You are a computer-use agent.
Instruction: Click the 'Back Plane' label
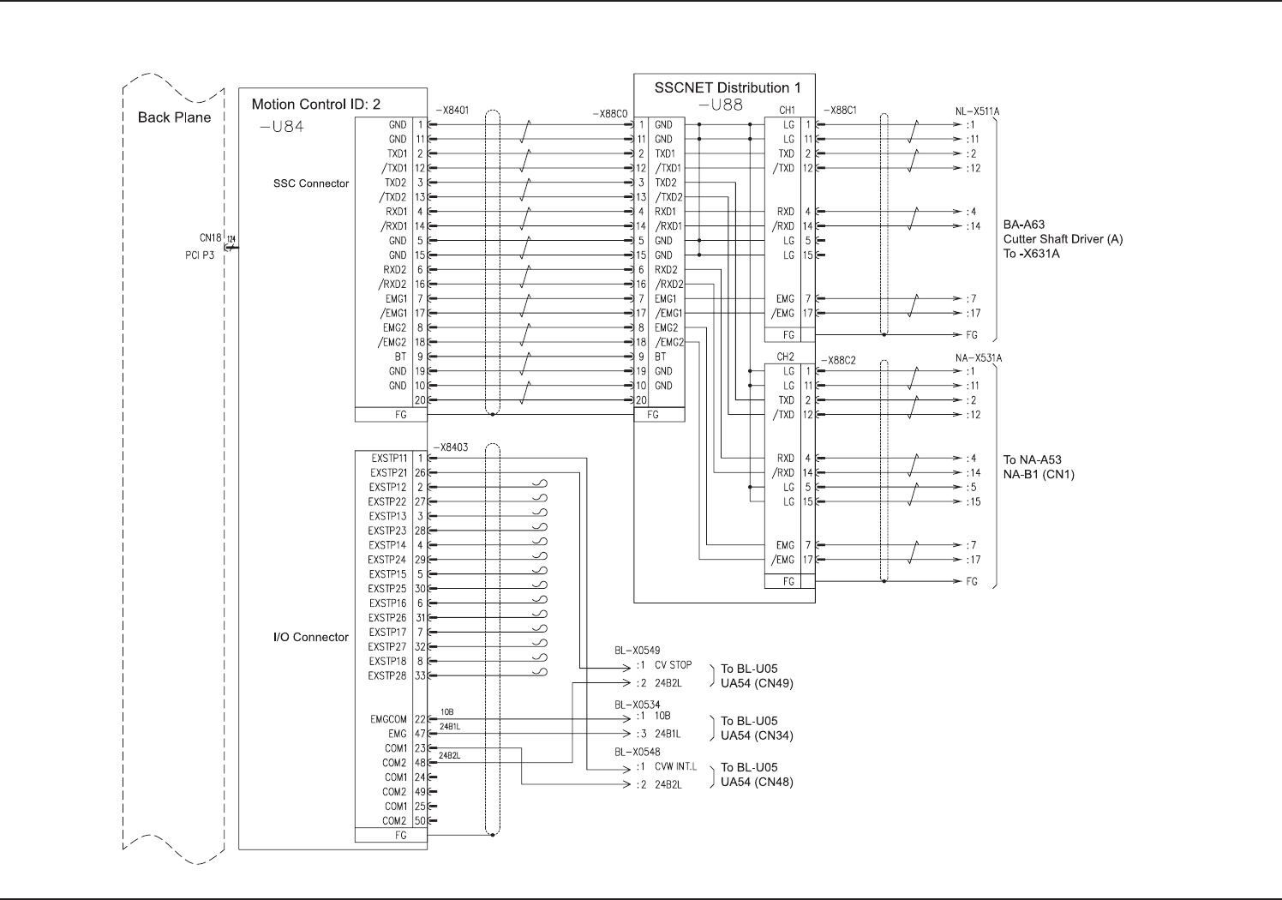[x=174, y=117]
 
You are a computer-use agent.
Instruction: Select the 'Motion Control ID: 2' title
[x=315, y=105]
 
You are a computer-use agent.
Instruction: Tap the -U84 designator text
[x=281, y=127]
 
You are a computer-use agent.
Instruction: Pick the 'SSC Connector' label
[x=311, y=183]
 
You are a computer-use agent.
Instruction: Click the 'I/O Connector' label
[x=310, y=637]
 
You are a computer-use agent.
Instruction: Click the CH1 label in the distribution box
[x=786, y=111]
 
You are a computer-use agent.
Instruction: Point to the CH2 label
[x=786, y=357]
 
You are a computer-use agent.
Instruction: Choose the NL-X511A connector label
[x=977, y=111]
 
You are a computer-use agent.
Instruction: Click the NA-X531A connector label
[x=977, y=357]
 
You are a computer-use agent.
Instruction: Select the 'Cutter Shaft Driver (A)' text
[x=1063, y=239]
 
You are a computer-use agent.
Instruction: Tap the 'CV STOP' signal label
[x=673, y=664]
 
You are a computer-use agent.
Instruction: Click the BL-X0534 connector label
[x=637, y=705]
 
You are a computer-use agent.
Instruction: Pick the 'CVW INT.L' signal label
[x=676, y=766]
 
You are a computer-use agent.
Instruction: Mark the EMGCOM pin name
[x=389, y=719]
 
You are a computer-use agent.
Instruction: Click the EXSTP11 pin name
[x=389, y=458]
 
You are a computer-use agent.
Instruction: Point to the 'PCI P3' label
[x=200, y=255]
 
